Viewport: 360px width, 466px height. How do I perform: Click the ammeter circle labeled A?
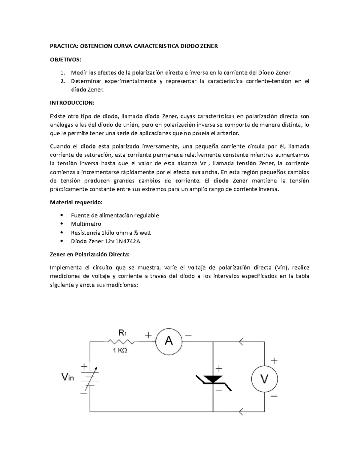[169, 341]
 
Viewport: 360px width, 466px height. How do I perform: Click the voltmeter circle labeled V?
[264, 379]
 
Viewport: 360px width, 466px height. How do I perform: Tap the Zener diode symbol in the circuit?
[213, 380]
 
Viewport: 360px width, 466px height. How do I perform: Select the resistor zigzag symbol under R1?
[121, 341]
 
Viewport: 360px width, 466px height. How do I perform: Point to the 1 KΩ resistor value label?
[120, 350]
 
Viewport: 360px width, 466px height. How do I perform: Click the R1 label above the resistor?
[122, 332]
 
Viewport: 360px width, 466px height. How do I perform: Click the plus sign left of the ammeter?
[148, 335]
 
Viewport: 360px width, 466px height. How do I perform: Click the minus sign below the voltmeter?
[274, 396]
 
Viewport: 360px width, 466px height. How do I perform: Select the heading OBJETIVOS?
[65, 59]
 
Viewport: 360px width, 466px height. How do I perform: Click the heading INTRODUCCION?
[72, 103]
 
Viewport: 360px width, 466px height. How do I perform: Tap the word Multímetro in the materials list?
[86, 224]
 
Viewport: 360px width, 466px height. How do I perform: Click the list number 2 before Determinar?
[62, 81]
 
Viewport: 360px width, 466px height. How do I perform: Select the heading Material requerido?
[76, 202]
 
